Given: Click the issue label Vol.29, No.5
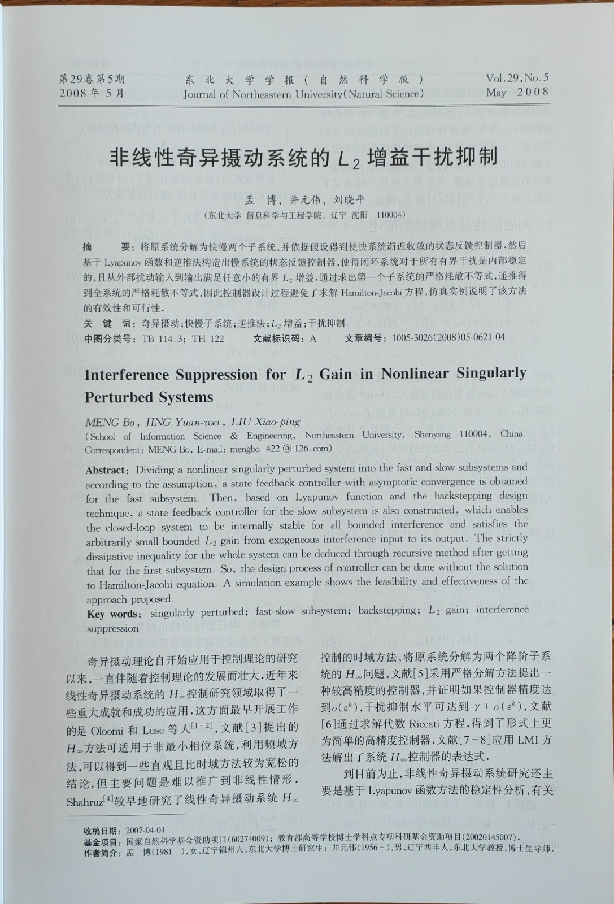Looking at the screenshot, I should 517,79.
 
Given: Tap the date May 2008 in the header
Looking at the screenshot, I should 517,92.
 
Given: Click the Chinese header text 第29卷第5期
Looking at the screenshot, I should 92,79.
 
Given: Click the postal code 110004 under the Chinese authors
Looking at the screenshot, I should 391,215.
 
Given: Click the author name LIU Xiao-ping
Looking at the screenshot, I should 266,422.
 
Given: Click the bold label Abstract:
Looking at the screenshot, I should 108,471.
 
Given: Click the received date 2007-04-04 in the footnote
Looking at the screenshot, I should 145,830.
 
